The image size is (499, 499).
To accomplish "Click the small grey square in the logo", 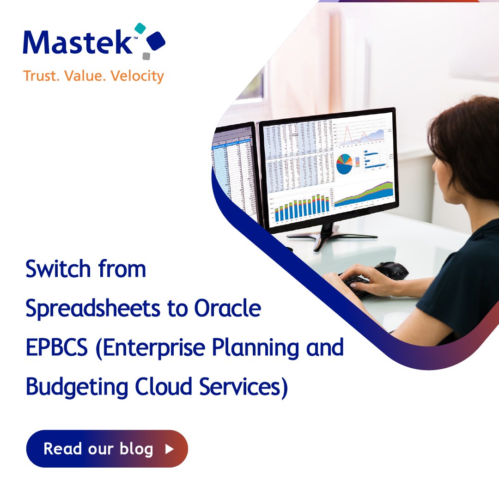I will coord(146,56).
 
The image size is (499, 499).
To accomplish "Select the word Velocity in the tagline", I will coord(138,76).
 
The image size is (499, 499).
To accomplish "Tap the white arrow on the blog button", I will coord(169,449).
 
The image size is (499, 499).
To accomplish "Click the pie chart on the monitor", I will coord(344,164).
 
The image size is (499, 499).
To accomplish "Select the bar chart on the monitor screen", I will coord(301,207).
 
